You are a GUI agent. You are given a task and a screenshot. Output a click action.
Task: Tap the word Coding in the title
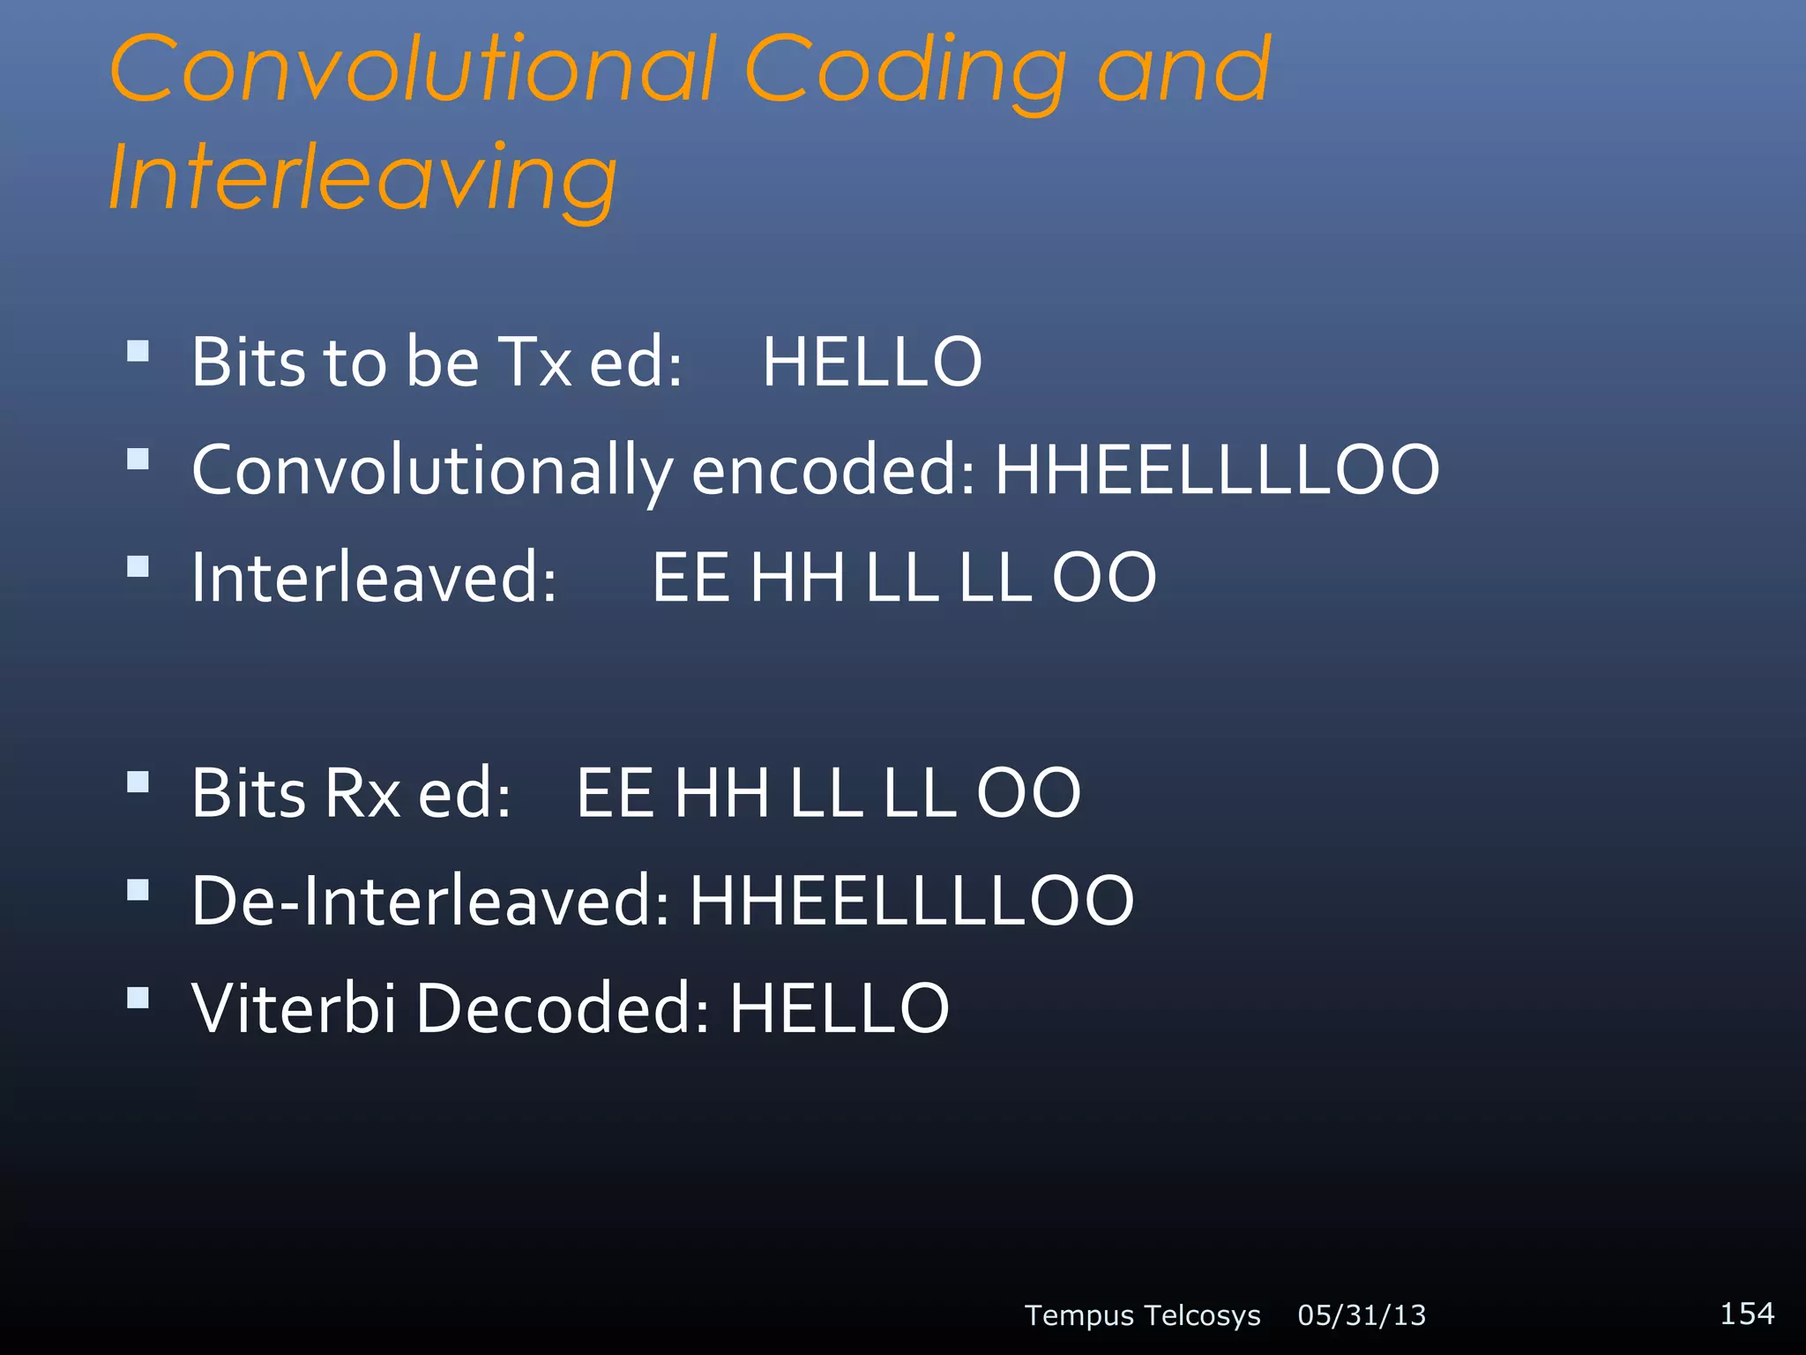pos(905,72)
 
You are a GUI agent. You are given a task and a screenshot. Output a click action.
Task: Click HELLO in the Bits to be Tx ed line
pos(871,362)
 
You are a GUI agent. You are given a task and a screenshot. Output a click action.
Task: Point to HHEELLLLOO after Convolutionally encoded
pos(1217,469)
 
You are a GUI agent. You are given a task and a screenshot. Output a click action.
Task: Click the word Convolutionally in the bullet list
pos(432,471)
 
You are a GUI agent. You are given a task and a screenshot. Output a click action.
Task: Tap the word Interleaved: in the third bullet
pos(374,577)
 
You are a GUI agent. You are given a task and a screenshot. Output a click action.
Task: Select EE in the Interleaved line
pos(690,577)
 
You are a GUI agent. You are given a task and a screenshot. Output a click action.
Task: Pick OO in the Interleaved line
pos(1104,577)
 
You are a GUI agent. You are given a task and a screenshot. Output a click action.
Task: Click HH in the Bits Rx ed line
pos(721,792)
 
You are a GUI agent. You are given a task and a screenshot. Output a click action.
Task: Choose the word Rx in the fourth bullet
pos(362,792)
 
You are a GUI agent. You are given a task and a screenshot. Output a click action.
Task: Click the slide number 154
pos(1747,1313)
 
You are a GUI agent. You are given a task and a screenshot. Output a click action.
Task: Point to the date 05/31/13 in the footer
pos(1362,1315)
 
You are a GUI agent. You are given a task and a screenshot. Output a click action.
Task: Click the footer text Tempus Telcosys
pos(1142,1315)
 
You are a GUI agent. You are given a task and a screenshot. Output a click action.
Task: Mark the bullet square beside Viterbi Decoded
pos(138,998)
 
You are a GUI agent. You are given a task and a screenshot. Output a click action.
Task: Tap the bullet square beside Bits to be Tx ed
pos(138,352)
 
